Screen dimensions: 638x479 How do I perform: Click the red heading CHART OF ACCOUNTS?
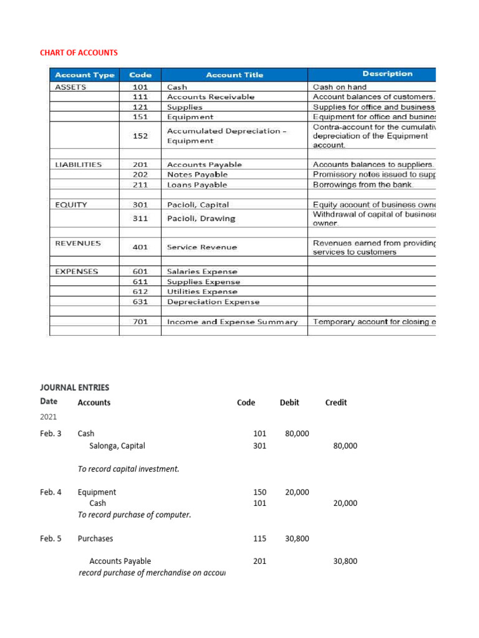point(79,52)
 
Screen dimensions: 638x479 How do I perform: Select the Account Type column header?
point(84,75)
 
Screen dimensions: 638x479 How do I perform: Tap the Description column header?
point(387,74)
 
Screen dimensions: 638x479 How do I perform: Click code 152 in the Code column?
point(140,136)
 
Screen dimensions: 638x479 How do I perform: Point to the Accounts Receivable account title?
point(210,97)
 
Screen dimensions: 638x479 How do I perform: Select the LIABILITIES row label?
point(79,164)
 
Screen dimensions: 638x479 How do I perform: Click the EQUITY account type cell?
point(71,204)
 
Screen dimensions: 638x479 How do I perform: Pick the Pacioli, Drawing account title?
point(201,219)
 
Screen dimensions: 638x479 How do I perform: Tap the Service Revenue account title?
point(202,247)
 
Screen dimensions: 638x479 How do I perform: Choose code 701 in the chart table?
point(140,322)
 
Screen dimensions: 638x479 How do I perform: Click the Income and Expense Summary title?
point(232,322)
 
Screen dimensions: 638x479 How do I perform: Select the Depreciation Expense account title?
point(213,302)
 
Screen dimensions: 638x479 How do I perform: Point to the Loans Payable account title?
point(197,185)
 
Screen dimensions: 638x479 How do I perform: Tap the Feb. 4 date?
point(51,492)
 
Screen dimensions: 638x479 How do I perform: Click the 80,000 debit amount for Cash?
point(297,434)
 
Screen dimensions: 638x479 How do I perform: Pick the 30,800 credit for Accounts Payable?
point(345,561)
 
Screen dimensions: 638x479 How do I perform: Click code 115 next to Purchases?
point(259,539)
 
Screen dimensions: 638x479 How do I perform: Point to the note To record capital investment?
point(128,469)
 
